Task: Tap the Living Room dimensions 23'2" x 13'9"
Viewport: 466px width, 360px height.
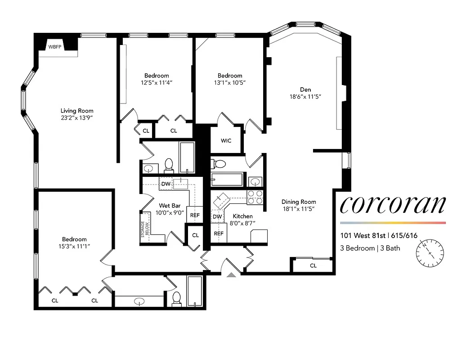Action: [77, 118]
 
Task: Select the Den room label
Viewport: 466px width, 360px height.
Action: [306, 90]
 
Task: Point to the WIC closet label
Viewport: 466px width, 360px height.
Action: [226, 141]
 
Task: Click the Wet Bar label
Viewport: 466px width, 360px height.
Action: [170, 206]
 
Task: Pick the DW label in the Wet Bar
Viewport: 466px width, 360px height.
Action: [166, 184]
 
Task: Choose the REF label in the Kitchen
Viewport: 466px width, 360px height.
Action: [219, 234]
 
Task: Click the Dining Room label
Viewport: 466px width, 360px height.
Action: [299, 202]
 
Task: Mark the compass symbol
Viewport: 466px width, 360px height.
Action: [430, 252]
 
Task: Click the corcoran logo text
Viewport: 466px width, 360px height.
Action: [393, 205]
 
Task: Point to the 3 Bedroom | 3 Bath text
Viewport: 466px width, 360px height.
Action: [370, 248]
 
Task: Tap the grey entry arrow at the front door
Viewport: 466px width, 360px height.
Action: [231, 274]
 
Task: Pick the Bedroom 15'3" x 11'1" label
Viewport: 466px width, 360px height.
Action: [74, 243]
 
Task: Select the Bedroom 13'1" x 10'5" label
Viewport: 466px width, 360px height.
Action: [229, 79]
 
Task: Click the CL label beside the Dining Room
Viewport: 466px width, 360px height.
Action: [313, 266]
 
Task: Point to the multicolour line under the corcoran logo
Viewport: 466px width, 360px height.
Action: [393, 223]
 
